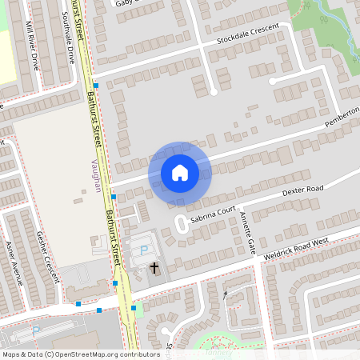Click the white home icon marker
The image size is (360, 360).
pos(180,173)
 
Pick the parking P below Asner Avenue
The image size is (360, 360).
pos(35,330)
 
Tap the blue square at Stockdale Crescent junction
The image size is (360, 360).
pos(95,85)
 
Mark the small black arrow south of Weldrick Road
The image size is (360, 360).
pos(226,295)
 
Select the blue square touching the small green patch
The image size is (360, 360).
pos(132,306)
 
